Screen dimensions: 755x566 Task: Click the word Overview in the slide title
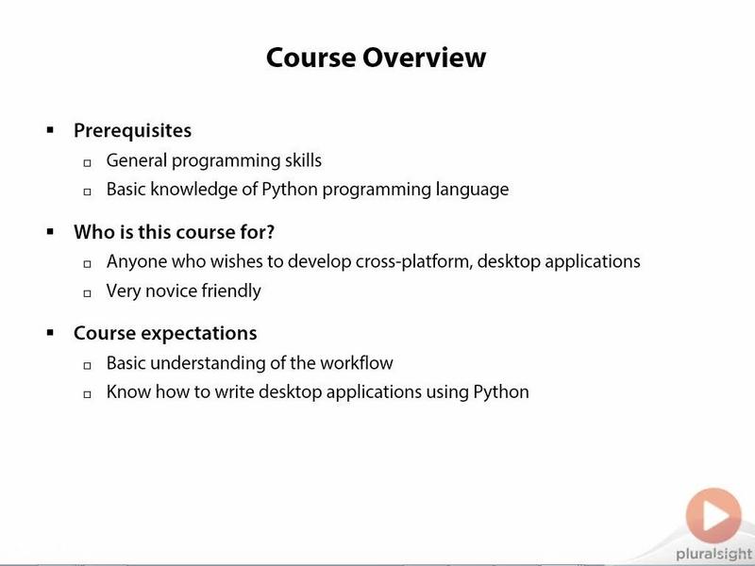click(424, 58)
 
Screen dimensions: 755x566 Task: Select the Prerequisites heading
click(132, 131)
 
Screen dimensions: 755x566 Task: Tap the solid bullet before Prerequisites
click(50, 129)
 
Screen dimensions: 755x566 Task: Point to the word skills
click(303, 160)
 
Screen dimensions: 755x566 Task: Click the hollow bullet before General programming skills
click(87, 162)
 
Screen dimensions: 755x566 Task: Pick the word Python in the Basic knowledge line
click(290, 190)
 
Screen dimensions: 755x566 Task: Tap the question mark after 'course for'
click(270, 231)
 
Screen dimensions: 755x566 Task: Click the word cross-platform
click(414, 262)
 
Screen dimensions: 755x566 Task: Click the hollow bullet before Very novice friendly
click(87, 292)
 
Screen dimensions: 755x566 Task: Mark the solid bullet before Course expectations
click(50, 333)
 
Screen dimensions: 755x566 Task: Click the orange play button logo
click(713, 516)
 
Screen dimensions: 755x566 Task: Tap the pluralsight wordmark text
click(713, 555)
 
